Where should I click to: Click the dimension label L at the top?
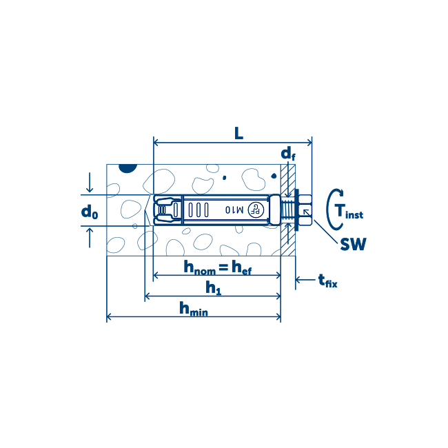(x=238, y=133)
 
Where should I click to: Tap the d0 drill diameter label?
(x=90, y=212)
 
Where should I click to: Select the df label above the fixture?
(x=288, y=154)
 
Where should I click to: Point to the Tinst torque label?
(x=349, y=212)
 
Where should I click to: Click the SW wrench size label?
(x=353, y=244)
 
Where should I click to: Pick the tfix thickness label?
(x=327, y=281)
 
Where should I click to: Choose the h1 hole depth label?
(x=213, y=287)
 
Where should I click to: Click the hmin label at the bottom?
(x=194, y=309)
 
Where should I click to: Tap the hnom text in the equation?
(x=199, y=267)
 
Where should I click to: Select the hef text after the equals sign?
(x=242, y=267)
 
